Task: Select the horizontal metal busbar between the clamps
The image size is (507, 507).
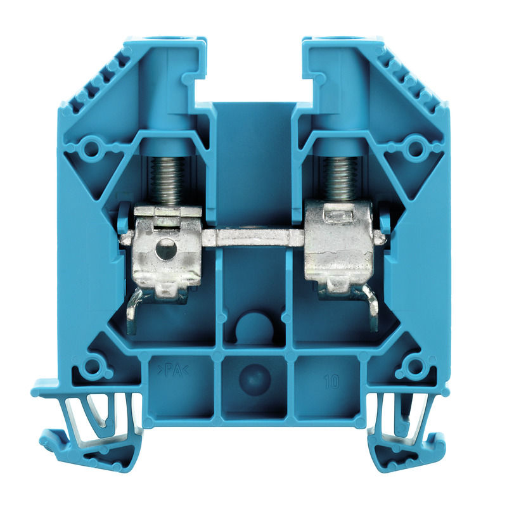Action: pyautogui.click(x=253, y=238)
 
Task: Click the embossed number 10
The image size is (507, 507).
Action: pyautogui.click(x=331, y=382)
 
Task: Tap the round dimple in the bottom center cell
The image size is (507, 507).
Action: pyautogui.click(x=253, y=378)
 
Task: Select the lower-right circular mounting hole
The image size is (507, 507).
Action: pyautogui.click(x=415, y=366)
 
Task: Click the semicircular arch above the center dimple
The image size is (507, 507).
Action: pyautogui.click(x=253, y=323)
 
